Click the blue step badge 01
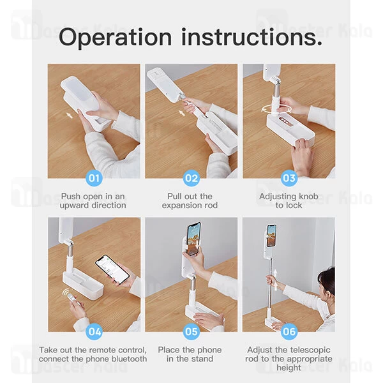tap(94, 178)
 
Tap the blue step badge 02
tap(191, 178)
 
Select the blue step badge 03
tap(289, 178)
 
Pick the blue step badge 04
tap(94, 331)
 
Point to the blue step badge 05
tap(191, 331)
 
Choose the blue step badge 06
tap(289, 331)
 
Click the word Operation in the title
tap(116, 38)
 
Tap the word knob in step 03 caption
tap(308, 196)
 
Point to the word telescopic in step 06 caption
tap(309, 350)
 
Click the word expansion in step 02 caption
tap(180, 206)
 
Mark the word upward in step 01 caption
tap(75, 206)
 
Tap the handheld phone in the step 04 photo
tap(112, 269)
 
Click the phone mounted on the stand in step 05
tap(193, 239)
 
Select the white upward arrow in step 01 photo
tap(70, 114)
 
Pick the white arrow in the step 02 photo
tap(181, 113)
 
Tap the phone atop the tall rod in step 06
tap(271, 235)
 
